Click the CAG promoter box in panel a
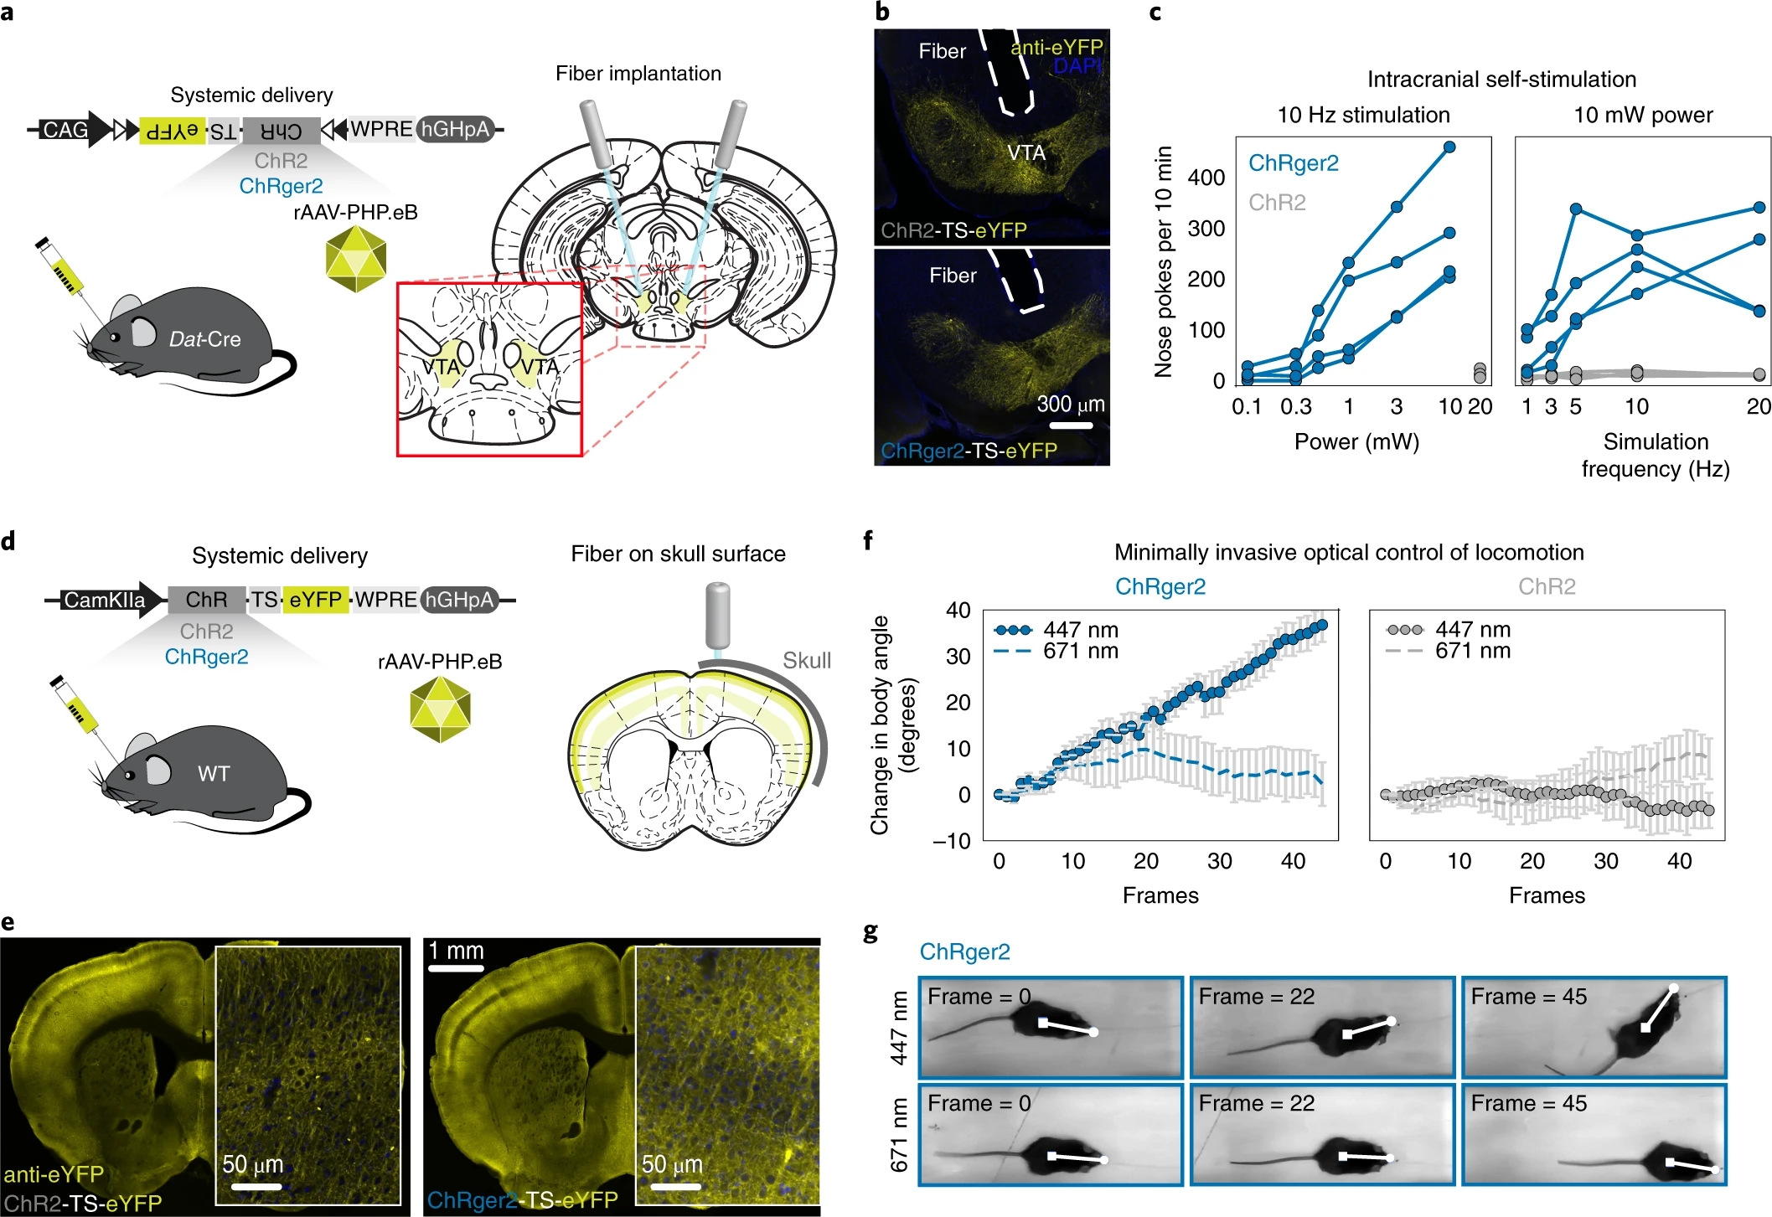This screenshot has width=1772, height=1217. tap(65, 130)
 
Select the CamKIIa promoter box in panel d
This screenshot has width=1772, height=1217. tap(104, 600)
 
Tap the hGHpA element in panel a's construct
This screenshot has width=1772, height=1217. tap(455, 129)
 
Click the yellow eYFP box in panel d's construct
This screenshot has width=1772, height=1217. tap(315, 600)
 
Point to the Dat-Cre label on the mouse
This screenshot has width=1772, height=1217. tap(204, 339)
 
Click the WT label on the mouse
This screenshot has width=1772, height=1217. tap(214, 773)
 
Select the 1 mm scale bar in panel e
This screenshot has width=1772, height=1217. tap(456, 968)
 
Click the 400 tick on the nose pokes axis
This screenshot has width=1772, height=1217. tap(1206, 178)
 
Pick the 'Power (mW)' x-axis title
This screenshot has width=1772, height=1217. tap(1356, 441)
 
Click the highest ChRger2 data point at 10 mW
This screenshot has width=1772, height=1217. tap(1449, 147)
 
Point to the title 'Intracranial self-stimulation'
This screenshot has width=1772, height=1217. tap(1501, 80)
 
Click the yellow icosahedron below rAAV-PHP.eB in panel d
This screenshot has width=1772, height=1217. tap(441, 710)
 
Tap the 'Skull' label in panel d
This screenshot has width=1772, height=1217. tap(806, 660)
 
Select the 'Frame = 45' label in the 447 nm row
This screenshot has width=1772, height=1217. tap(1528, 997)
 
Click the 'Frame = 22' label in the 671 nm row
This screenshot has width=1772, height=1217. tap(1256, 1103)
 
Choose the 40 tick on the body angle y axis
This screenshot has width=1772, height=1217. tap(958, 611)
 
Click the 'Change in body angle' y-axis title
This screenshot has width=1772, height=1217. tap(893, 725)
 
